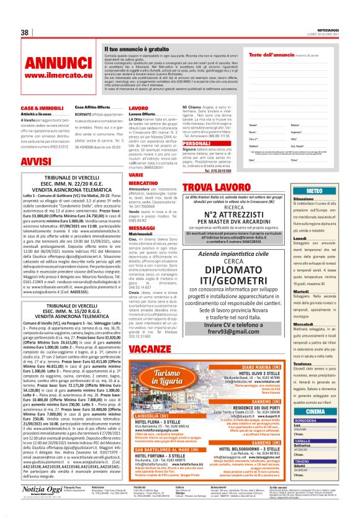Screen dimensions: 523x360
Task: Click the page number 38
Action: (25, 32)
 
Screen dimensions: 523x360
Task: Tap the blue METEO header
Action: (314, 191)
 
